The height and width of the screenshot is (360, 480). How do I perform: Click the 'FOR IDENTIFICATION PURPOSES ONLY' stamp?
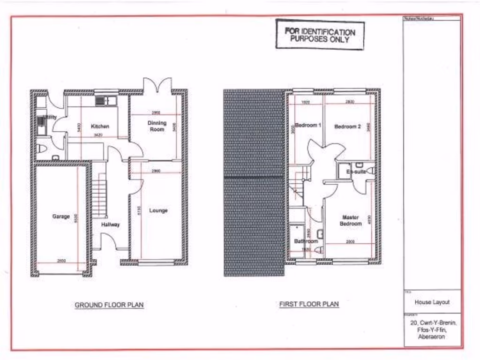[x=320, y=35]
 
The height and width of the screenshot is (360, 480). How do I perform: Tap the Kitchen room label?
[x=100, y=127]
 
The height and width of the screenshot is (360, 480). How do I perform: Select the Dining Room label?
[x=157, y=126]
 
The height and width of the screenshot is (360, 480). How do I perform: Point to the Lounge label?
[x=158, y=211]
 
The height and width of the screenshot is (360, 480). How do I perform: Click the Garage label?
[x=61, y=217]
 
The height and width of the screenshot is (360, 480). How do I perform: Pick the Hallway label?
[x=111, y=225]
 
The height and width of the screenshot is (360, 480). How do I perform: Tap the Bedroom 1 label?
[x=307, y=126]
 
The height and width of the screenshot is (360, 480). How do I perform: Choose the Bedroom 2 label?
[x=347, y=127]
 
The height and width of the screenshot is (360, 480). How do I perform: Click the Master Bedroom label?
[x=351, y=221]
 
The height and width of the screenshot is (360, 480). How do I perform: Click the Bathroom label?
[x=306, y=241]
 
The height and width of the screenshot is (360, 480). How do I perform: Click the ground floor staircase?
[x=99, y=195]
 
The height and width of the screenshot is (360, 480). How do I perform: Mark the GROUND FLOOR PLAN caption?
[x=109, y=305]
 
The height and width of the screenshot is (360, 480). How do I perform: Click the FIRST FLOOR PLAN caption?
[x=309, y=304]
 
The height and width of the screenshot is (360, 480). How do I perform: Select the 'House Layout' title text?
[x=432, y=302]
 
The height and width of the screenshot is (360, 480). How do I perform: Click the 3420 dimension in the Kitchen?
[x=97, y=135]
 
